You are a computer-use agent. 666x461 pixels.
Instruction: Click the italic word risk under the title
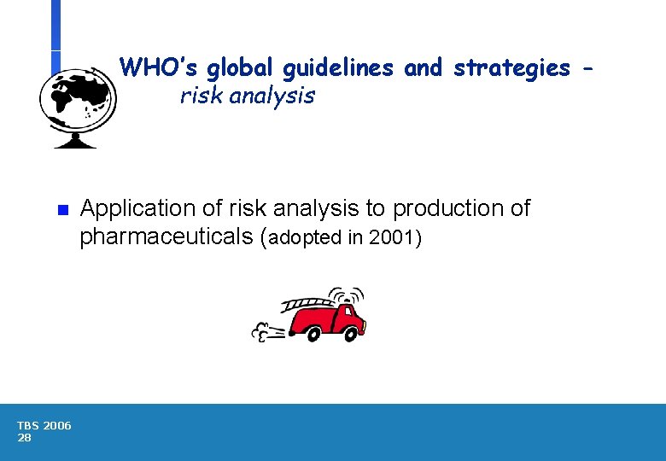pos(199,96)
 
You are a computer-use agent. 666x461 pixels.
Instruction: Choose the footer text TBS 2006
pos(44,426)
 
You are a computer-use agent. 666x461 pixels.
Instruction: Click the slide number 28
pos(24,438)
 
